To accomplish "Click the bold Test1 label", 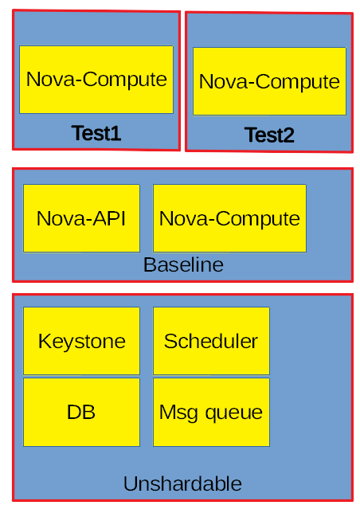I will point(96,134).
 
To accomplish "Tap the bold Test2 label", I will point(269,135).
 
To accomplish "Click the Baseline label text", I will point(183,265).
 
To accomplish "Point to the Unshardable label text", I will point(182,484).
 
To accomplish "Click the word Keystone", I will point(82,342).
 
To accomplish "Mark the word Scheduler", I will point(211,342).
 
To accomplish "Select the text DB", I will point(81,413).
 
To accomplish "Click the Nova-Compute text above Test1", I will point(96,80).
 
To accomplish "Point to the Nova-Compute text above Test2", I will point(269,82).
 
